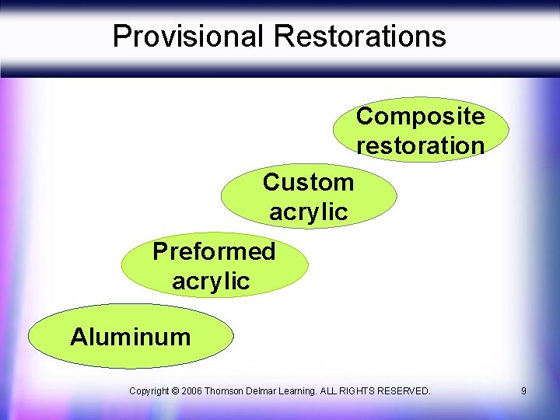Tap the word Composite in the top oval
click(x=420, y=116)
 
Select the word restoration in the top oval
click(x=420, y=145)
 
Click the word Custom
click(x=308, y=182)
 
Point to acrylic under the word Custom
click(x=308, y=212)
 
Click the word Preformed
click(x=214, y=251)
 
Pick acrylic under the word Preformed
click(x=211, y=281)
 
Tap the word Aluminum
click(x=130, y=337)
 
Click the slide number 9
click(x=523, y=390)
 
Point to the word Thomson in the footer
click(x=232, y=390)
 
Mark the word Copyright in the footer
click(x=151, y=390)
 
